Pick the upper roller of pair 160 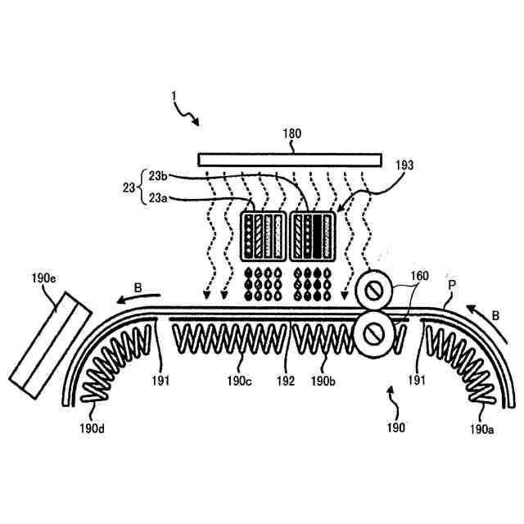pos(374,288)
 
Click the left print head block pos(265,236)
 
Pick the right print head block pos(314,236)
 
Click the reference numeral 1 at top pos(174,96)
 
